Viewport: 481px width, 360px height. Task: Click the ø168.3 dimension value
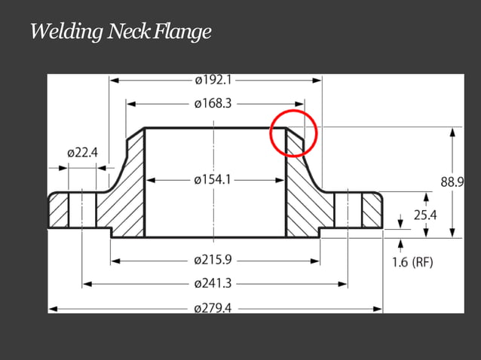tap(213, 103)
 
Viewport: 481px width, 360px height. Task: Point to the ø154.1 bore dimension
tap(213, 180)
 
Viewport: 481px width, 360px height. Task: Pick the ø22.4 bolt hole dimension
tap(82, 153)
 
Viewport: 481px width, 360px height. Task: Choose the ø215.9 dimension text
tap(213, 261)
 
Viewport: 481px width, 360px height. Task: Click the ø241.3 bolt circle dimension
tap(213, 284)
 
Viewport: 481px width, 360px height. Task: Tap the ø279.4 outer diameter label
tap(213, 308)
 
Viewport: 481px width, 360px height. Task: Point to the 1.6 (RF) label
tap(412, 262)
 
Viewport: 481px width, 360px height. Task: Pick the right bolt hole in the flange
tap(348, 211)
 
